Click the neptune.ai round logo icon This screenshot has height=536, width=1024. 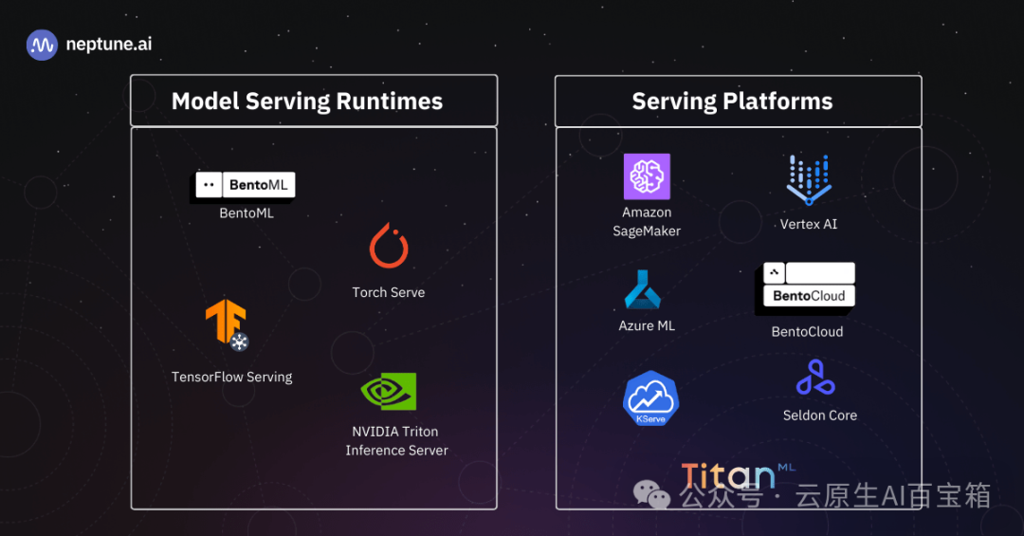42,45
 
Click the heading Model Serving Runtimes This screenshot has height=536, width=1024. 307,102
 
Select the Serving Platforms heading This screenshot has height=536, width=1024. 732,102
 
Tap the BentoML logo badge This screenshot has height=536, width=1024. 246,185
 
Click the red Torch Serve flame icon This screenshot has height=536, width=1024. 389,246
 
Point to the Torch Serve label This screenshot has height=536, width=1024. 389,292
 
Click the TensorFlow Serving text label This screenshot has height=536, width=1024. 232,377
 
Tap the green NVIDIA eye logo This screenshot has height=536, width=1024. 389,391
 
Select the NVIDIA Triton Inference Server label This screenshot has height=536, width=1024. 396,441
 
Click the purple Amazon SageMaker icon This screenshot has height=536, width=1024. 647,176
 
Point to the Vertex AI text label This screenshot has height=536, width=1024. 809,224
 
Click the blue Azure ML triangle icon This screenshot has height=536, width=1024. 647,289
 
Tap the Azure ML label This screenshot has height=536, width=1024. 647,325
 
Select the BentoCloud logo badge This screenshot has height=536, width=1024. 809,286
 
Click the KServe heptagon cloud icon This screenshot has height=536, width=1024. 650,398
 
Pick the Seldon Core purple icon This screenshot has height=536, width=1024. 814,378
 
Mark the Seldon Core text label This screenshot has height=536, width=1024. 820,415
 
